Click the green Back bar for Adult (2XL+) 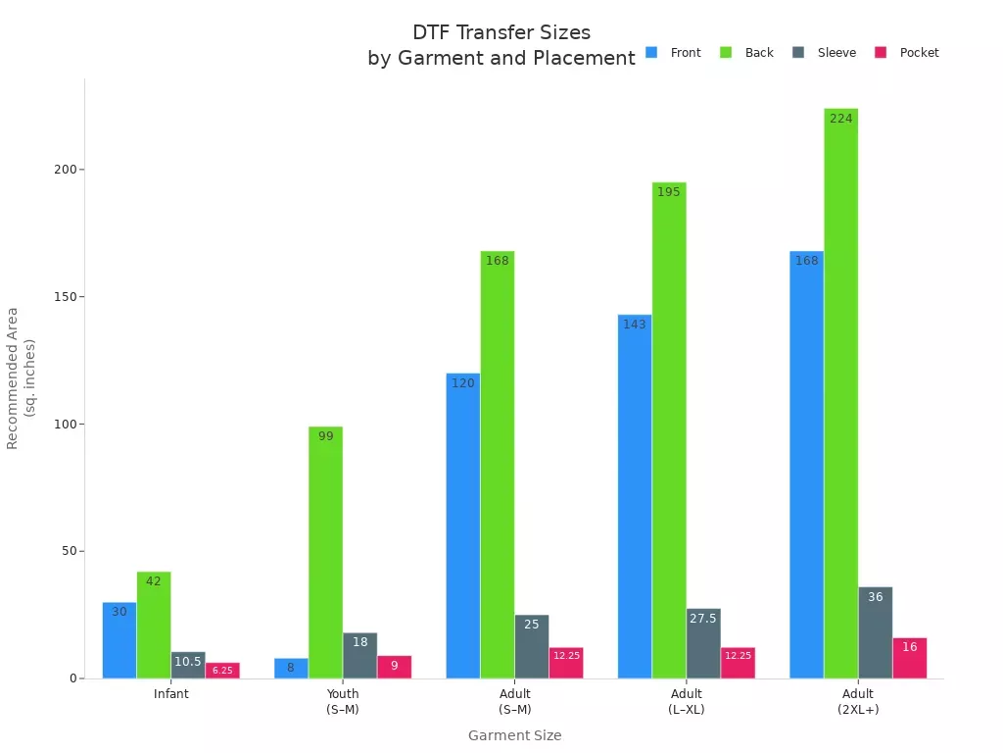(840, 392)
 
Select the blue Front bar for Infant (119, 640)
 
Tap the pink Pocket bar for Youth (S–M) (394, 667)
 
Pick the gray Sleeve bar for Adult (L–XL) (703, 643)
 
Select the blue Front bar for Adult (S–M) (462, 526)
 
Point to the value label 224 (840, 119)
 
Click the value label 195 (668, 192)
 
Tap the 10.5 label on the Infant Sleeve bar (187, 662)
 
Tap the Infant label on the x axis (171, 694)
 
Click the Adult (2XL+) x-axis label (858, 701)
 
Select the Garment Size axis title (514, 735)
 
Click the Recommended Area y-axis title (21, 378)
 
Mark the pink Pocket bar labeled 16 (909, 658)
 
